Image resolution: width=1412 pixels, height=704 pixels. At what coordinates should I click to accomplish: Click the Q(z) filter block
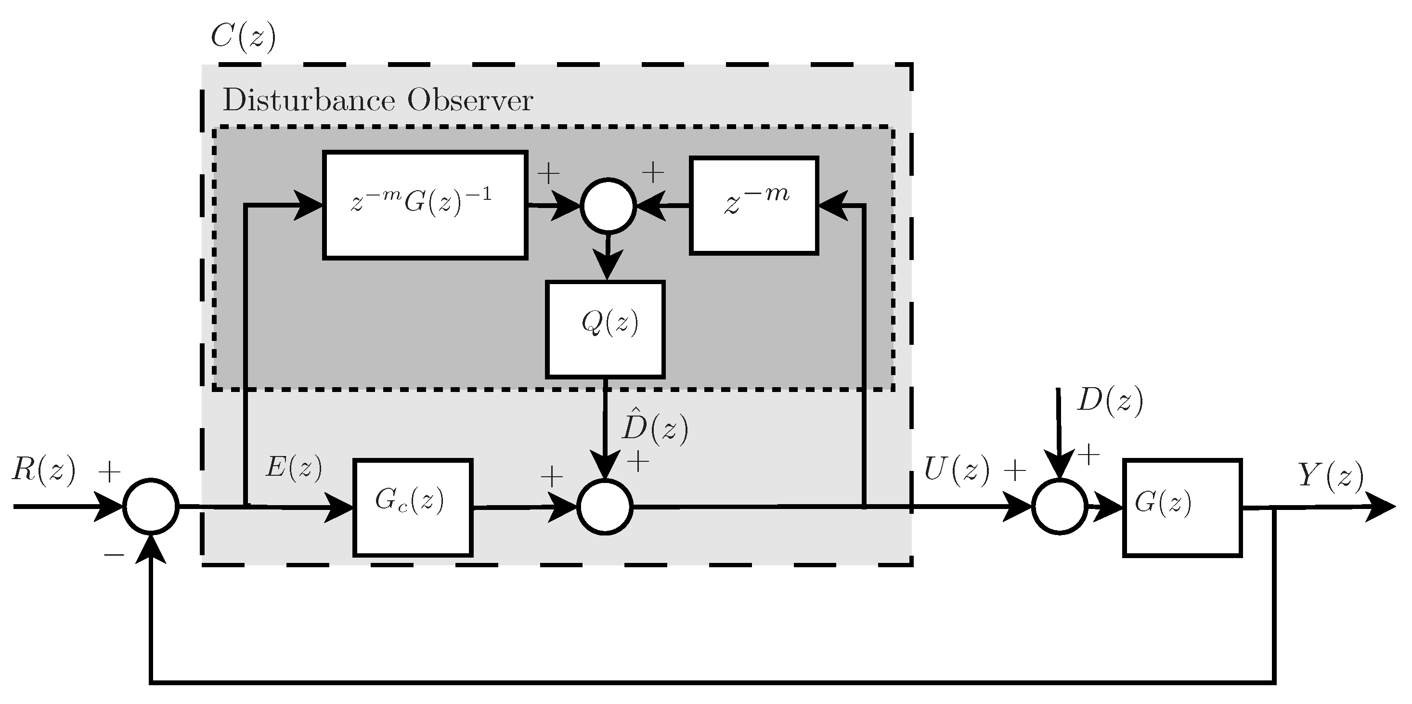[605, 329]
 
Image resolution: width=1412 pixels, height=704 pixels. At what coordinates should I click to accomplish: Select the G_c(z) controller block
[413, 508]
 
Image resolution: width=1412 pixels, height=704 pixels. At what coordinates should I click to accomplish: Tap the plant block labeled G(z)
[1182, 508]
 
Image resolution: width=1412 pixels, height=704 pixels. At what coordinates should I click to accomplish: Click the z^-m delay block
[754, 206]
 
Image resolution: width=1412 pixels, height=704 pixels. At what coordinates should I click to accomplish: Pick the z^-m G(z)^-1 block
[425, 205]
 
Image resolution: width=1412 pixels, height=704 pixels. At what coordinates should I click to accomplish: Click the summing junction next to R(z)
[151, 507]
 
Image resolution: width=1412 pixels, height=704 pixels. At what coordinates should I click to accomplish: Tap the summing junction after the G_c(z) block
[605, 507]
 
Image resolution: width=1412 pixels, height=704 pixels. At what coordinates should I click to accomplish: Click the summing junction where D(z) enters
[1059, 507]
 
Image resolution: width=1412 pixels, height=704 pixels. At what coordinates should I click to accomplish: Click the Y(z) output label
[1330, 475]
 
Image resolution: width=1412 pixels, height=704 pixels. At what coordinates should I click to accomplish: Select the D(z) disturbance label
[1109, 401]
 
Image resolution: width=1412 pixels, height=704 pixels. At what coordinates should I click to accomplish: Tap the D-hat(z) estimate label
[654, 428]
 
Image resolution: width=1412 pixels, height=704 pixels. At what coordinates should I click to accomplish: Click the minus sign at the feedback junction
[114, 555]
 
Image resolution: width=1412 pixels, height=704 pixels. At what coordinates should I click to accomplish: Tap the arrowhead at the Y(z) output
[1383, 507]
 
